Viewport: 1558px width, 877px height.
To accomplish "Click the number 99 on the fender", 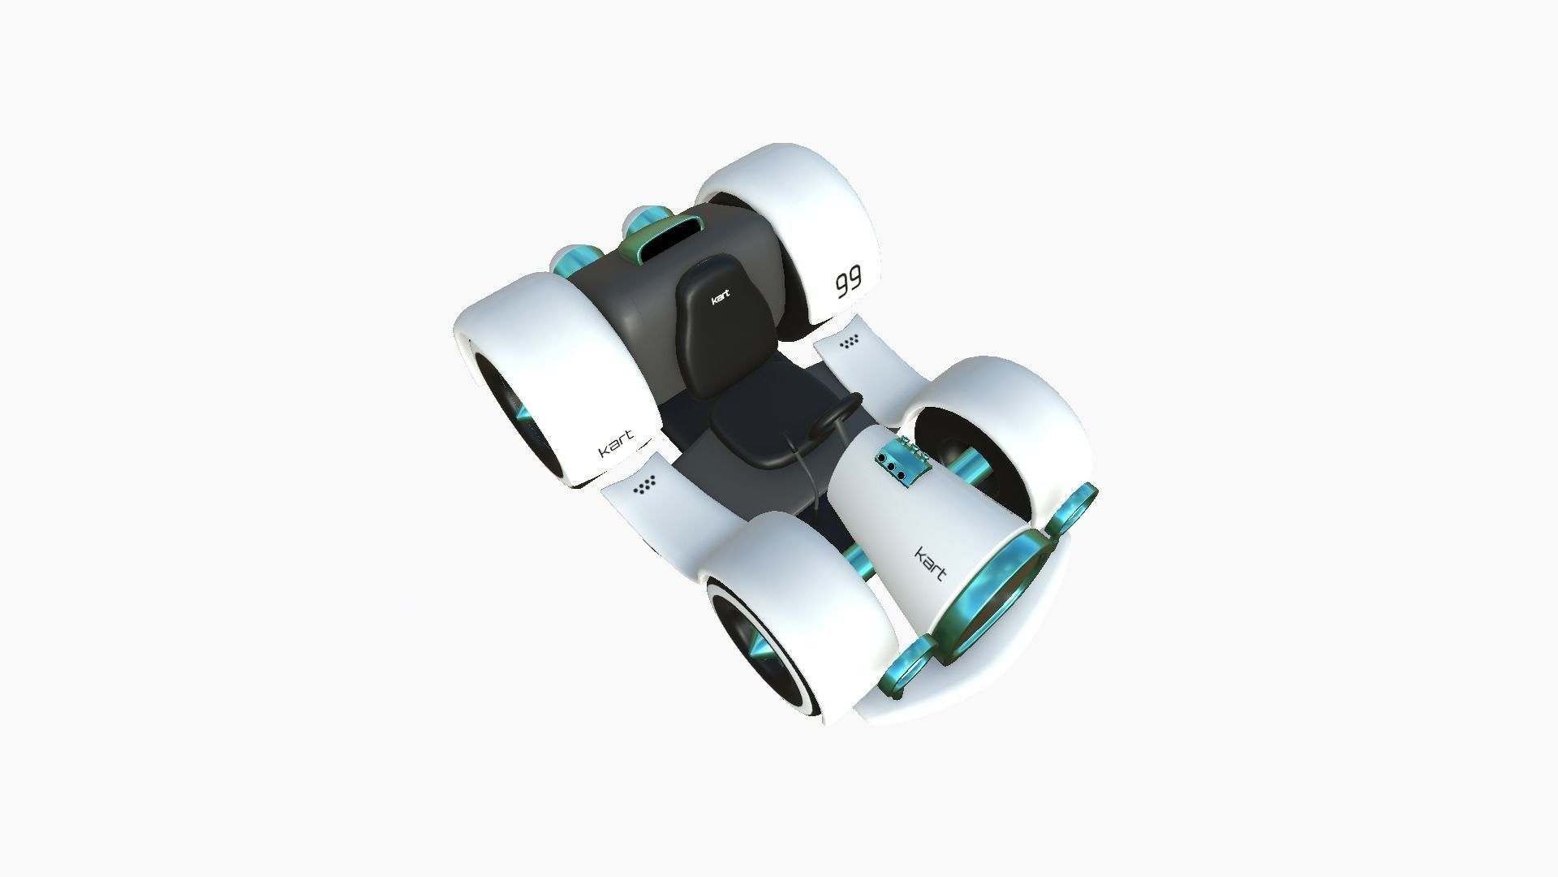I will pos(849,283).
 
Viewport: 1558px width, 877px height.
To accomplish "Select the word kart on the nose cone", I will pos(931,564).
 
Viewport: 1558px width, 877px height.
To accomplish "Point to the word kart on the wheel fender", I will pos(617,446).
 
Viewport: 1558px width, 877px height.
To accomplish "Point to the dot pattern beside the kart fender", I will pos(646,486).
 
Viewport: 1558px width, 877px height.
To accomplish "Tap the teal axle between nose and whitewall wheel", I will pos(856,556).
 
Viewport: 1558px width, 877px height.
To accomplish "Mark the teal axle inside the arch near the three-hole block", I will pos(969,469).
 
